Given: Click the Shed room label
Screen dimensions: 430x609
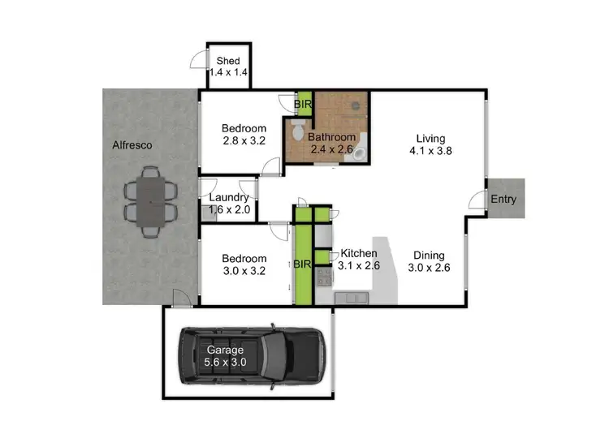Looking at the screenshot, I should coord(227,61).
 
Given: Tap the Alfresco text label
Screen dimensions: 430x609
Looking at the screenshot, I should coord(133,145).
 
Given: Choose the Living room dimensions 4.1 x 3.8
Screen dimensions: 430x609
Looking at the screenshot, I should coord(431,150).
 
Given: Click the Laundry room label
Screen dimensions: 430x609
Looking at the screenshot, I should coord(229,197).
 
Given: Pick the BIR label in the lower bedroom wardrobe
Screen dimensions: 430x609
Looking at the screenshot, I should coord(304,264).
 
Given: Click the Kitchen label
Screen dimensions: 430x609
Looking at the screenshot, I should coord(359,252).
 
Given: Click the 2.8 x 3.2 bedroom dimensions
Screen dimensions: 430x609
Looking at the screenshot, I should coord(244,141).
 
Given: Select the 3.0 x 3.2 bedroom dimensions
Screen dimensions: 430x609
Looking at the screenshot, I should coord(244,272).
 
